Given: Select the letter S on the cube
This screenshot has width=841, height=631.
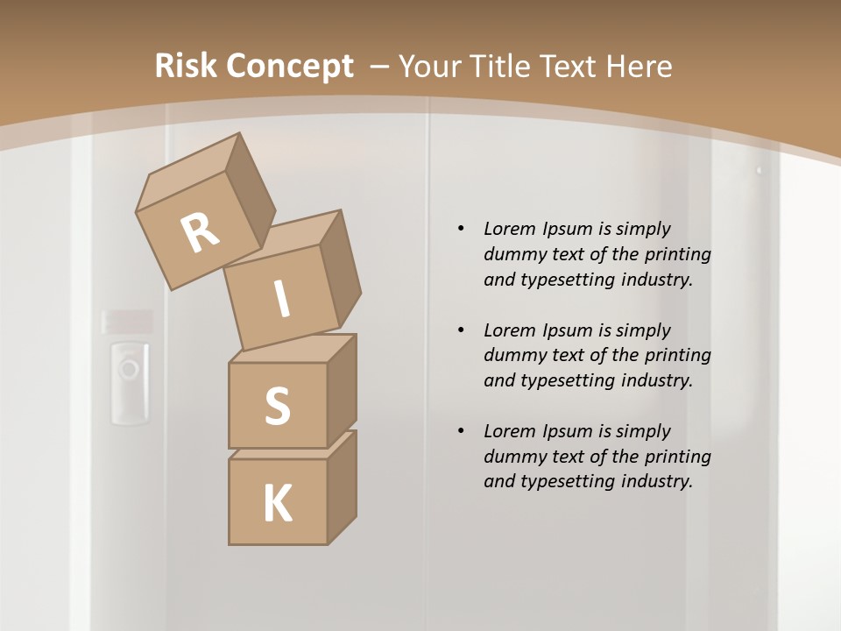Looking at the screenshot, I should click(x=277, y=407).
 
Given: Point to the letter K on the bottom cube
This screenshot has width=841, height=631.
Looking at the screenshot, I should click(x=277, y=504).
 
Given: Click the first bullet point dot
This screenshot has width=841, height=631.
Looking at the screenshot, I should click(x=461, y=230).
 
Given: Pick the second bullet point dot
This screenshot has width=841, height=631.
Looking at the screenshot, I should click(x=461, y=330).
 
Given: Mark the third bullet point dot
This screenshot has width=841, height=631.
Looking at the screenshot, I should click(x=461, y=431).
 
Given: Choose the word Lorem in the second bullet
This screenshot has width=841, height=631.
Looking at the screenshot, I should click(x=509, y=330).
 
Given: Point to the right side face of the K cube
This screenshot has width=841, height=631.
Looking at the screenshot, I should click(x=342, y=489).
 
